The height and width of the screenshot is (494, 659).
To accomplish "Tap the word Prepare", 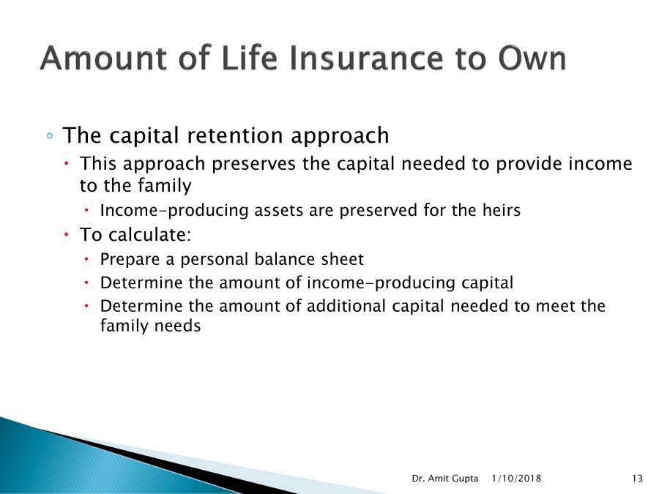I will point(129,260).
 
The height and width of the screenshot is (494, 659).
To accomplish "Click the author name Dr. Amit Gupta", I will point(444,479).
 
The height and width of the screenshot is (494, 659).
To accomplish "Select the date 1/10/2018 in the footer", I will point(518,479).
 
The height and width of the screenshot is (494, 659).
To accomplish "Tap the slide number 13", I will point(636,479).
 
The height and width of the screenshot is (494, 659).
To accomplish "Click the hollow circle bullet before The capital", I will point(49,137).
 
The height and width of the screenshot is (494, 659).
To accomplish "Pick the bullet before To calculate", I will point(67,236).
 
